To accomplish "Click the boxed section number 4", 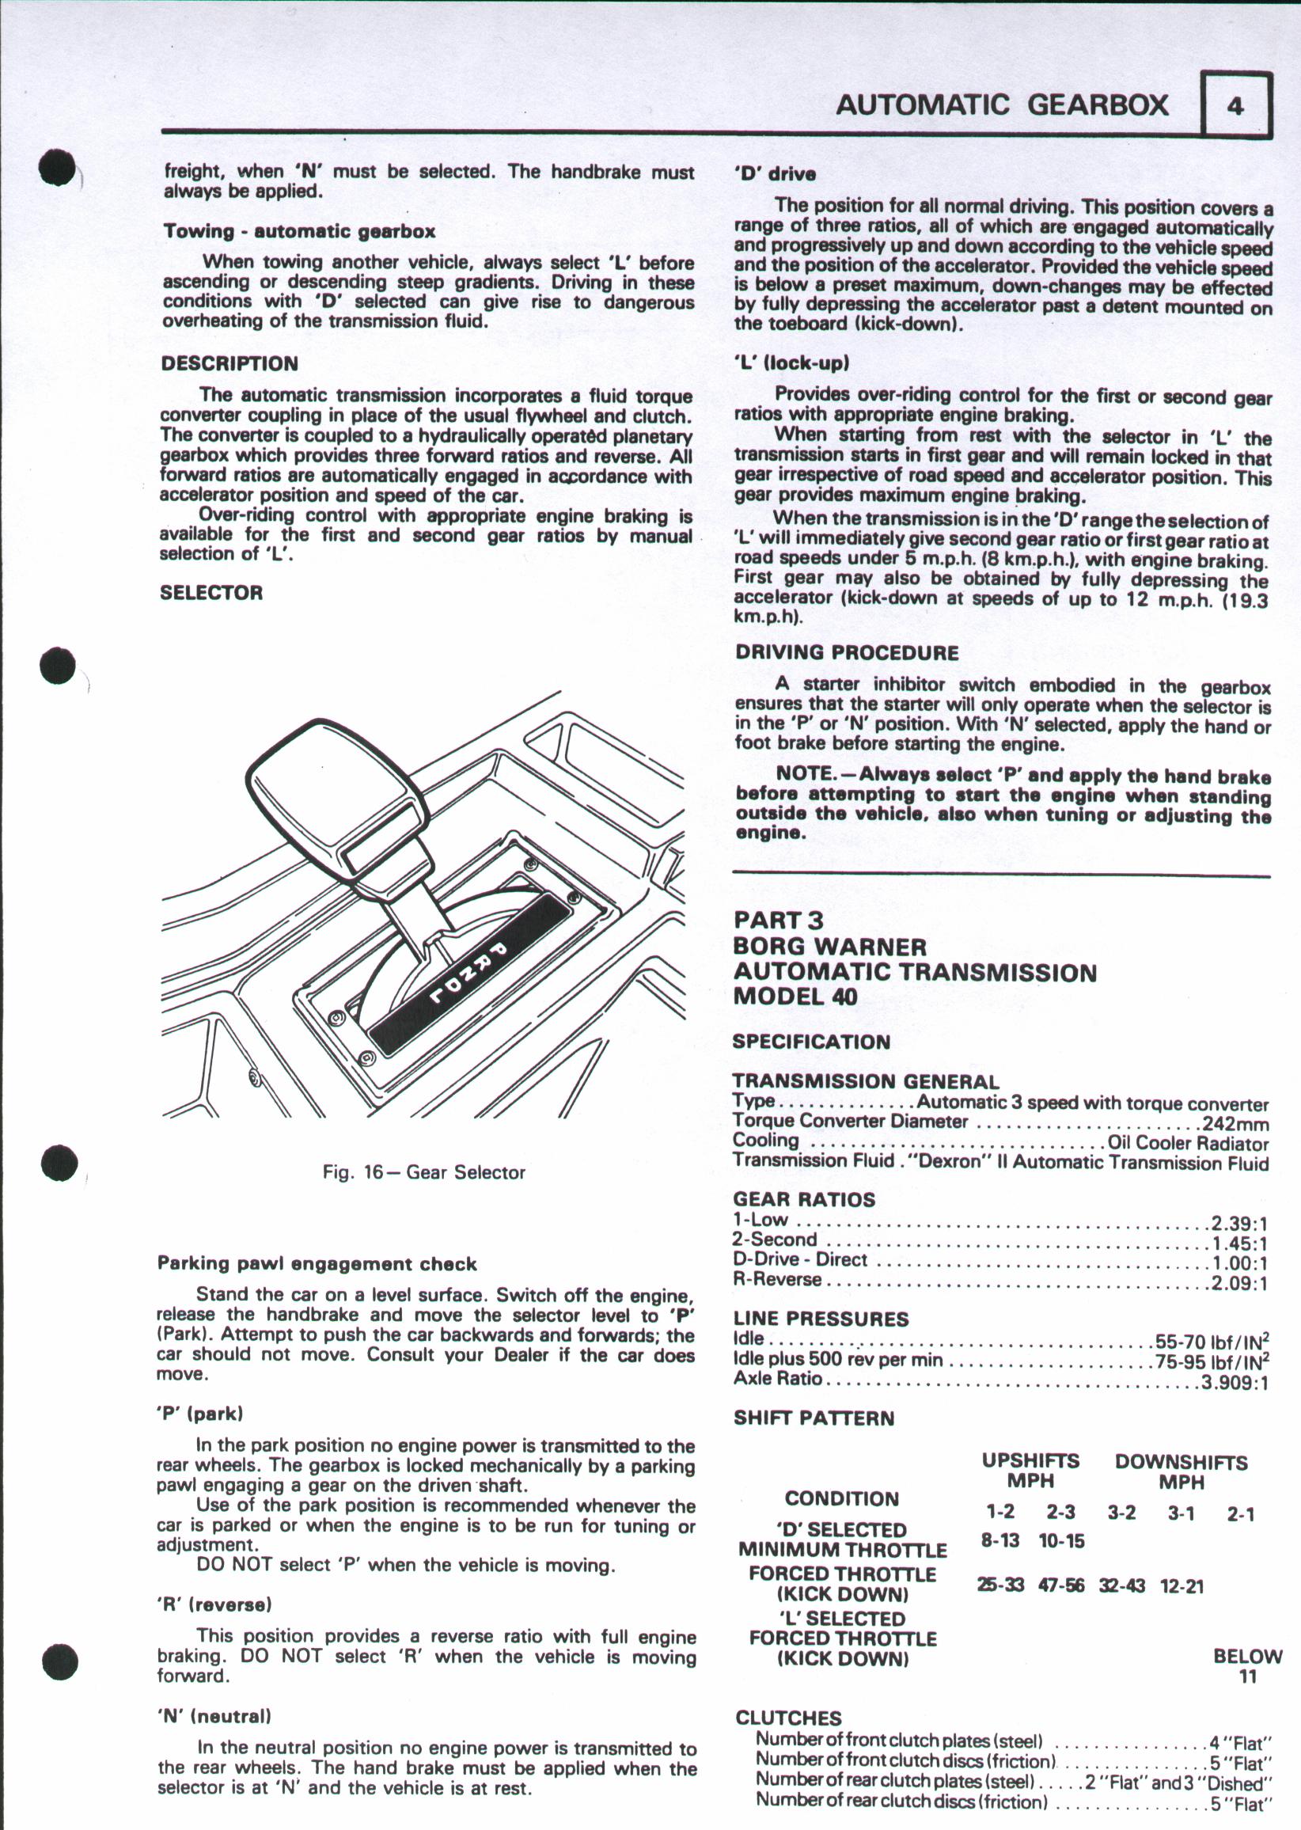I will (1236, 105).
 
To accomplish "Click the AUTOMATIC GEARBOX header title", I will (1002, 105).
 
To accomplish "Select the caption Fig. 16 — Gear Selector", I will (424, 1172).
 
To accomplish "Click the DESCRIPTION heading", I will (229, 364).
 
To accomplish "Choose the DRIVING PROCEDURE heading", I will (846, 652).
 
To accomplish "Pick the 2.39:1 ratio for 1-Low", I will (1238, 1224).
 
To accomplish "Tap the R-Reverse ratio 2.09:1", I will (1238, 1284).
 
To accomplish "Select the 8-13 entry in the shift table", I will (1000, 1540).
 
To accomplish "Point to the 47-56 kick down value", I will (1061, 1585).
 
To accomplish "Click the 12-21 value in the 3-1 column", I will (1182, 1585).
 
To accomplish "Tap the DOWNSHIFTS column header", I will (1181, 1462).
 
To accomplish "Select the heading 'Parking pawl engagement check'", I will (317, 1264).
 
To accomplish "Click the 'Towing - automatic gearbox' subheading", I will (300, 232).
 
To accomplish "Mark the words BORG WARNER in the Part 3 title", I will (829, 947).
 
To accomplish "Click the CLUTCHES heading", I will (788, 1718).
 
